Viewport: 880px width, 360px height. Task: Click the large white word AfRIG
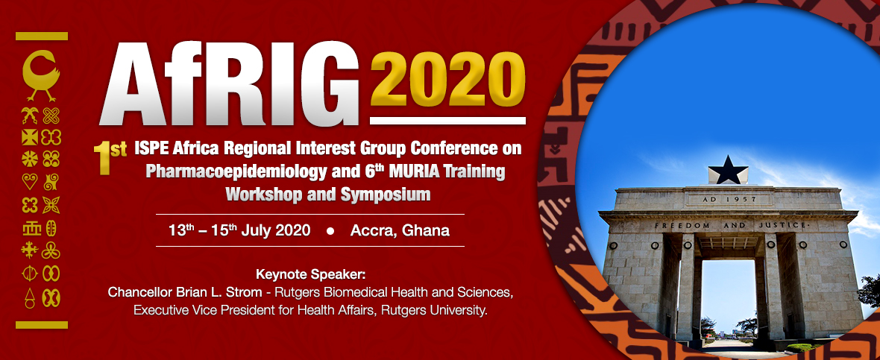(229, 83)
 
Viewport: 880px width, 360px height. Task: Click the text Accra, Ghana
(400, 230)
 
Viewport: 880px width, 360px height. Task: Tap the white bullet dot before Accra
(330, 230)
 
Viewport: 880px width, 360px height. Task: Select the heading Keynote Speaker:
(310, 275)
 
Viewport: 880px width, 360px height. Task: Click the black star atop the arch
(727, 170)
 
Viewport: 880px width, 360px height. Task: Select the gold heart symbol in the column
(30, 182)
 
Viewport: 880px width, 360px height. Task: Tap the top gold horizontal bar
(42, 37)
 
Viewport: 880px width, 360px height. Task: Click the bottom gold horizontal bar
(42, 325)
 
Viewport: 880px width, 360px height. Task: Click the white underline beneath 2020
(448, 121)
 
